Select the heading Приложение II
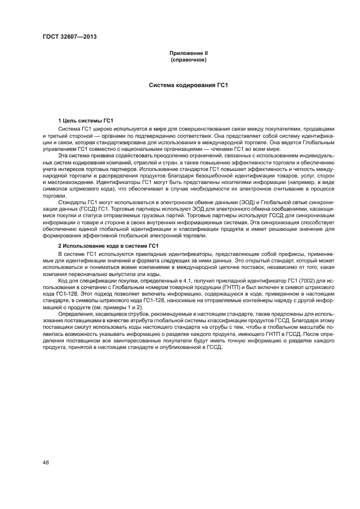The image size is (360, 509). (x=188, y=53)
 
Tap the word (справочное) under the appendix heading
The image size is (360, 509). (x=188, y=59)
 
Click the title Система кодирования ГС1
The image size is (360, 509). (x=188, y=85)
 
